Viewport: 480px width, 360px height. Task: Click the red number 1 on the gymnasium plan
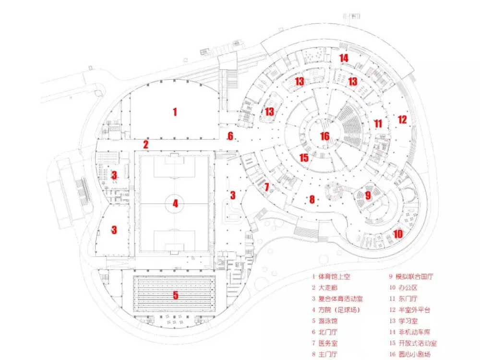pos(175,112)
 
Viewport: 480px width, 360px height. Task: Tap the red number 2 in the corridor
pos(145,144)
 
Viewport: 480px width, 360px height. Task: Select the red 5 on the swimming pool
pos(176,295)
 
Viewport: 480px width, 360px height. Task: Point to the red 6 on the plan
pos(230,136)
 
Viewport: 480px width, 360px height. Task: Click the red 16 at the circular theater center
pos(325,136)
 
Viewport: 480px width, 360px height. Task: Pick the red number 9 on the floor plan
pos(368,195)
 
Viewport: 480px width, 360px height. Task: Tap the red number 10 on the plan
pos(398,234)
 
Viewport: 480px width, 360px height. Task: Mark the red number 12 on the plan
pos(402,120)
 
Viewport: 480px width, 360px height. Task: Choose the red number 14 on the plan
pos(344,58)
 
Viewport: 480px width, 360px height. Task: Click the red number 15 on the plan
pos(303,157)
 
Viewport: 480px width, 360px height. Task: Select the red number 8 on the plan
pos(312,199)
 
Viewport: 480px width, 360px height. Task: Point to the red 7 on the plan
pos(267,186)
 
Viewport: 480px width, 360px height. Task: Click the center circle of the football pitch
pos(175,204)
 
